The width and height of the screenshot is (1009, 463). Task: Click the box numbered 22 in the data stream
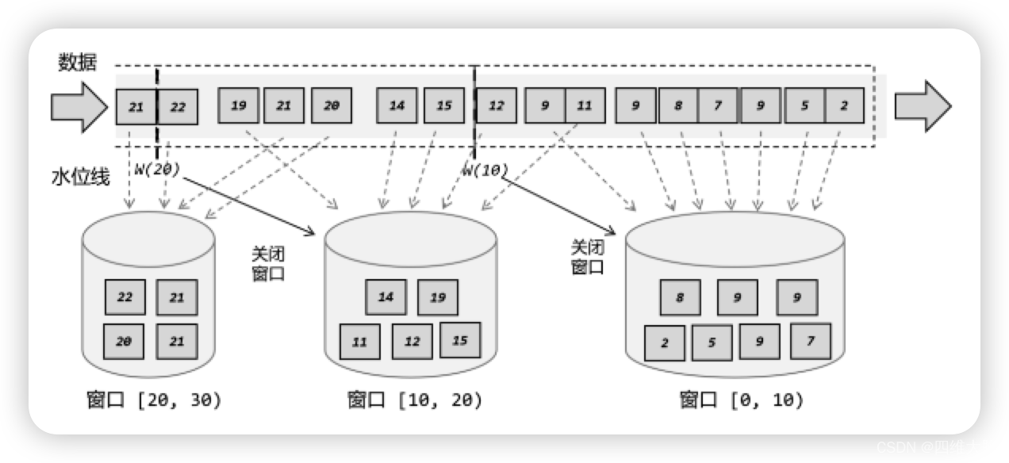(x=178, y=106)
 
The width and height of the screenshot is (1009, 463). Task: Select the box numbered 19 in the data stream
(x=238, y=106)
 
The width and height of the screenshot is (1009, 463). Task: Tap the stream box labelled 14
(x=397, y=106)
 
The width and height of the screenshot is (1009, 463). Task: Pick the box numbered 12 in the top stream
(x=497, y=106)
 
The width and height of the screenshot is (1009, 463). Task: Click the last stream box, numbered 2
(x=845, y=106)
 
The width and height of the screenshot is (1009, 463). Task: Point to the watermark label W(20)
(x=158, y=168)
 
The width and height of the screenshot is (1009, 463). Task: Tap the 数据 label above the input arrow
(x=77, y=63)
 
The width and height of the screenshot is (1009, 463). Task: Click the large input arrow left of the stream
(x=78, y=106)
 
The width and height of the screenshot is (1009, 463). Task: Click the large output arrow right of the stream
(x=923, y=106)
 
